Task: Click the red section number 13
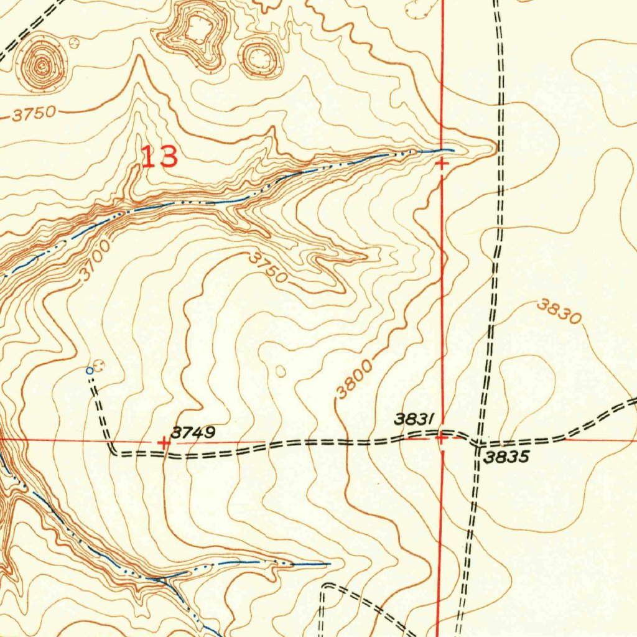tap(159, 157)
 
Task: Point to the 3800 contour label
tap(355, 379)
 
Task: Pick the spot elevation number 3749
tap(195, 432)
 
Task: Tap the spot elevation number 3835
tap(506, 457)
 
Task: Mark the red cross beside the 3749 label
tap(164, 442)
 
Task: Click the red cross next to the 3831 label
tap(441, 438)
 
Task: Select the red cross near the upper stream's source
tap(441, 164)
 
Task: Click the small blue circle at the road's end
tap(90, 371)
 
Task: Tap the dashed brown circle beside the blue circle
tap(99, 365)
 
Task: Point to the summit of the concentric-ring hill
tap(42, 64)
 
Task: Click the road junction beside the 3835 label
tap(478, 444)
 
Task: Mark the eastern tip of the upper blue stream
tap(453, 150)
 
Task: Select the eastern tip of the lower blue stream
tap(330, 564)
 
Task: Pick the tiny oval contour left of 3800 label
tap(280, 371)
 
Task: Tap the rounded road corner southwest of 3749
tap(113, 451)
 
